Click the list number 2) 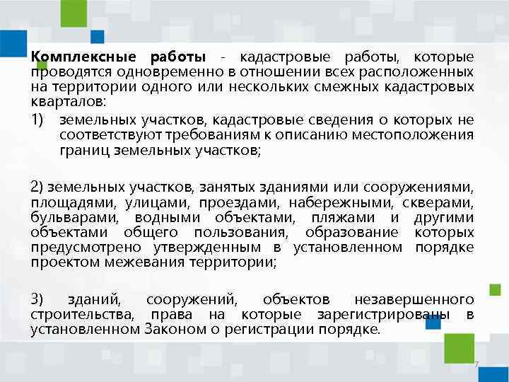38,186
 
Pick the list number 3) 38,299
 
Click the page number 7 477,365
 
